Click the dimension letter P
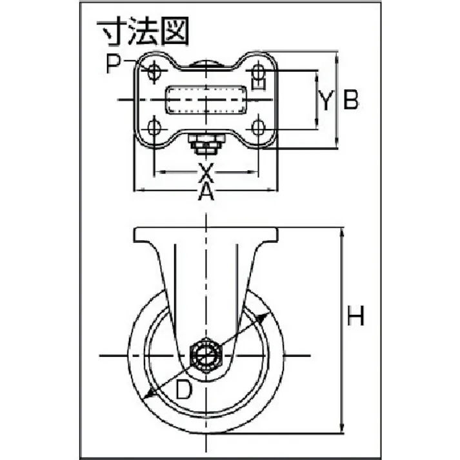coord(115,65)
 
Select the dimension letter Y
coord(327,101)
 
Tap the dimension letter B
coord(350,101)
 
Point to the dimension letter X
coord(205,171)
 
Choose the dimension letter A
coord(205,191)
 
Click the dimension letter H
coord(355,317)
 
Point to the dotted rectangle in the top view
coord(206,100)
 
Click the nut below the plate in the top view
coord(205,145)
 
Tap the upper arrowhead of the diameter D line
coord(264,316)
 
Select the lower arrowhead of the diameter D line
coord(150,395)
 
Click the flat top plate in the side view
coord(206,234)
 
